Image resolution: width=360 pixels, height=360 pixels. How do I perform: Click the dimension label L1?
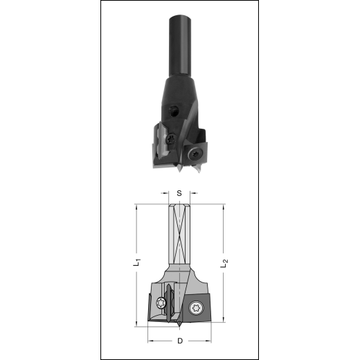tap(138, 262)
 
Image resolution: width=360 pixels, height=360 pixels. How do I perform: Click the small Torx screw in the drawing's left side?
tap(161, 303)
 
